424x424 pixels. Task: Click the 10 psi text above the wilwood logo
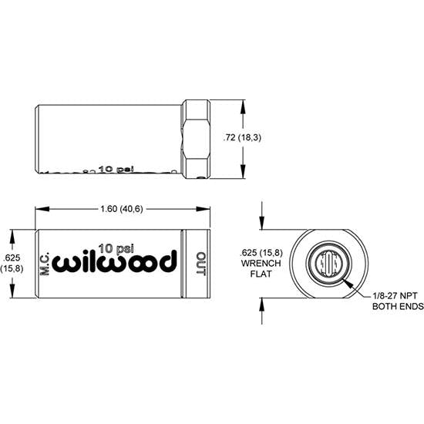click(116, 248)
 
